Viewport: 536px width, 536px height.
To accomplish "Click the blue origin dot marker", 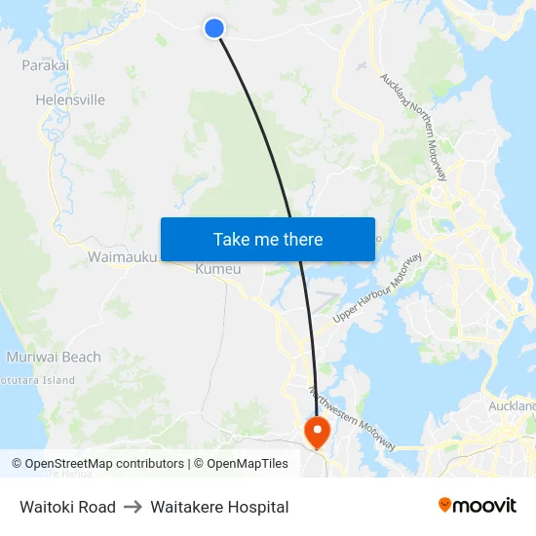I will point(214,28).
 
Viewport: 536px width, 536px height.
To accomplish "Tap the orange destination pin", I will point(317,429).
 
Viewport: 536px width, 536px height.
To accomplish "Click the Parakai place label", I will point(45,65).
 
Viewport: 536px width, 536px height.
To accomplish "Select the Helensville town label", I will point(69,99).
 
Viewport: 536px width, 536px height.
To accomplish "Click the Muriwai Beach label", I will point(53,357).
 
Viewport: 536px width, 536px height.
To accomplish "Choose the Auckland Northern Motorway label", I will point(414,127).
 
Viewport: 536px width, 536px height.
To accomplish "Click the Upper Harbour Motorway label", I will point(377,288).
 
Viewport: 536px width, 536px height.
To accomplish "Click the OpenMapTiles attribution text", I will point(247,464).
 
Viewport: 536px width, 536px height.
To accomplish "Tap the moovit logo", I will point(478,505).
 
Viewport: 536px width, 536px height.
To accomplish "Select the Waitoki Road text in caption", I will point(67,507).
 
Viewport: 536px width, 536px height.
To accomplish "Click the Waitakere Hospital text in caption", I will point(219,507).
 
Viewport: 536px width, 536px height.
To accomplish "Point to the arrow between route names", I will point(133,507).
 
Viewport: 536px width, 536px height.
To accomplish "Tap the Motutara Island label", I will point(37,380).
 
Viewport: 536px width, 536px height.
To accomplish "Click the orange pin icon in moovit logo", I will point(445,505).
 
